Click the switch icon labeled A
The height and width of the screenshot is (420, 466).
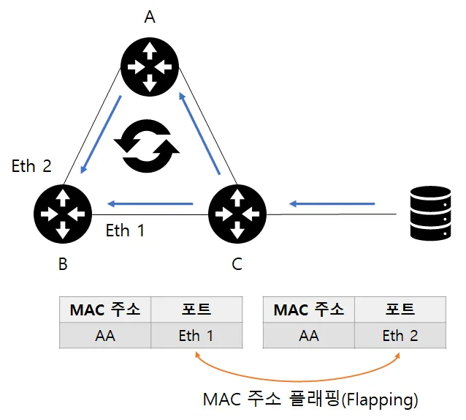pos(150,67)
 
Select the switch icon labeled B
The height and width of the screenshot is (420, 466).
pos(63,214)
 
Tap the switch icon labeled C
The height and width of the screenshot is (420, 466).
pos(237,214)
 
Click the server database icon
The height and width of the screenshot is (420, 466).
pos(431,213)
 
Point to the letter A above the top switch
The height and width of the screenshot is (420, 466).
pos(150,17)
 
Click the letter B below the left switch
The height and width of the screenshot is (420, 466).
pos(63,264)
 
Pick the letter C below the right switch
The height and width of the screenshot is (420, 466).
pos(237,264)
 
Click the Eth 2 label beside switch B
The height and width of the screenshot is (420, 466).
pos(31,166)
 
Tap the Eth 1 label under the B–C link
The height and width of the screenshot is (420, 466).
pos(125,230)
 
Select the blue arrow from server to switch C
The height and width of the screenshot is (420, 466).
pos(332,204)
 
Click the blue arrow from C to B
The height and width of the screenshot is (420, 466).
pos(150,204)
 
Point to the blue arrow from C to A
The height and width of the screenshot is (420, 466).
pos(199,134)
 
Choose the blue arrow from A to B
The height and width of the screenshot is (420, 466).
pos(101,134)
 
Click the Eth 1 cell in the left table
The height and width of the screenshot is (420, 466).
pos(196,335)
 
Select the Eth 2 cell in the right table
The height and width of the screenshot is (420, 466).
pos(400,335)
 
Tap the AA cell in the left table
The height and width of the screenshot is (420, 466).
pos(105,335)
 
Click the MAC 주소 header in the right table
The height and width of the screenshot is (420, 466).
pos(309,310)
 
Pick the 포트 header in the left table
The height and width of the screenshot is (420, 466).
pos(196,310)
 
